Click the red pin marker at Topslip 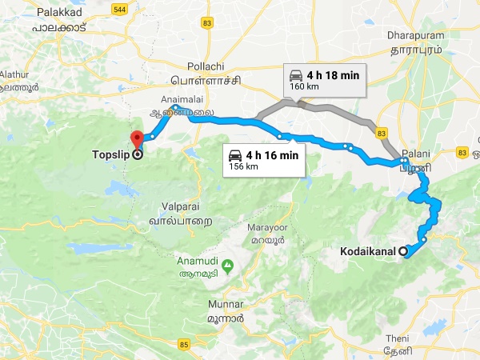pyautogui.click(x=136, y=138)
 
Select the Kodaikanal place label pyautogui.click(x=369, y=252)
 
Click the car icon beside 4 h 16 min pyautogui.click(x=235, y=154)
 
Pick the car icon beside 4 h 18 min pyautogui.click(x=296, y=75)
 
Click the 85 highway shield pyautogui.click(x=185, y=345)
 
